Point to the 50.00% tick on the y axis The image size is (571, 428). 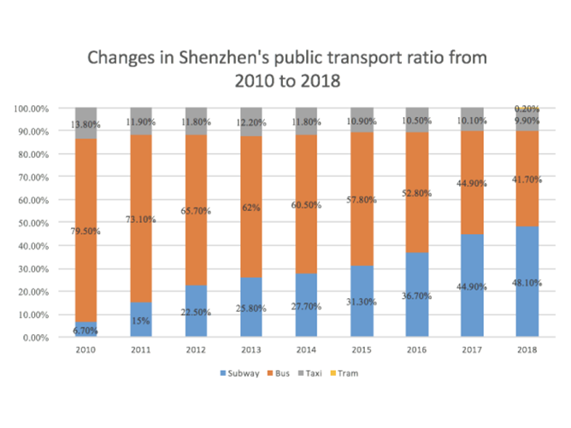[x=32, y=223]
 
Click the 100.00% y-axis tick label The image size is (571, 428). [x=31, y=108]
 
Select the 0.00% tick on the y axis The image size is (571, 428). [x=35, y=337]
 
